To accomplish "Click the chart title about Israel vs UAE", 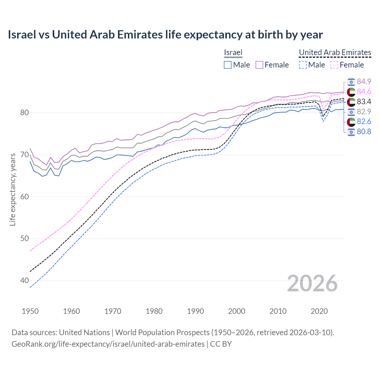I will coord(165,35).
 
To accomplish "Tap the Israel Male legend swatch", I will coord(227,65).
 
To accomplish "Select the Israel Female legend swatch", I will coord(259,65).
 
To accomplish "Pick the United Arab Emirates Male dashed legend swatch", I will coord(303,65).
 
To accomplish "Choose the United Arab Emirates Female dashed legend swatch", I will coord(334,65).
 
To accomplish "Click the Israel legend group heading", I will coord(233,52).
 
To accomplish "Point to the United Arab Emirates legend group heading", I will coord(335,52).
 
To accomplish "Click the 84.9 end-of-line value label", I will coord(364,81).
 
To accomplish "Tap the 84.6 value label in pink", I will coord(364,91).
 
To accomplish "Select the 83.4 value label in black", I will coord(364,102).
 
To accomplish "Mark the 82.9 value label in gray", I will coord(364,112).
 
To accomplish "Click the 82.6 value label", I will coord(364,122).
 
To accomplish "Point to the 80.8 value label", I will coord(364,132).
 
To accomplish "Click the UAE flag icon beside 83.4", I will coord(351,102).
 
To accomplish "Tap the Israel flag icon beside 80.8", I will coord(351,132).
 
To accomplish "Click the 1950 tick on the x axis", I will coord(30,311).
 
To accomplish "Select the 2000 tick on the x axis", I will coord(237,311).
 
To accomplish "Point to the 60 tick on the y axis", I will coord(25,197).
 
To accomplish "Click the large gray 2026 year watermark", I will coord(312,283).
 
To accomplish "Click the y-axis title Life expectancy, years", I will coord(13,189).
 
